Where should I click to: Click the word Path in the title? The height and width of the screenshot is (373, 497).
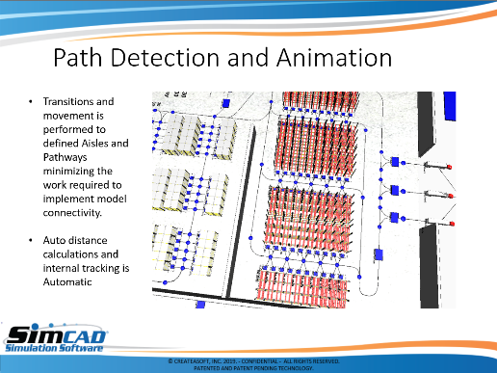pos(78,58)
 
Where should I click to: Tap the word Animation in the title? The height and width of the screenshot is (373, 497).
pos(334,58)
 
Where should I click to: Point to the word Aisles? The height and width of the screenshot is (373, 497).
pos(95,143)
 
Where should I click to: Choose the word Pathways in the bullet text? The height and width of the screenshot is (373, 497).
pos(65,157)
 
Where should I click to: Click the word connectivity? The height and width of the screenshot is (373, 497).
pos(72,213)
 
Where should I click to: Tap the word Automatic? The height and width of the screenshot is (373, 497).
pos(67,282)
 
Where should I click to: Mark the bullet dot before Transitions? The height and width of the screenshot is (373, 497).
pos(31,102)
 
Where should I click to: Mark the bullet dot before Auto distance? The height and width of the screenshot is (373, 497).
pos(31,241)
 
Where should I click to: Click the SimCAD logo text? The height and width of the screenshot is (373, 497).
pos(57,334)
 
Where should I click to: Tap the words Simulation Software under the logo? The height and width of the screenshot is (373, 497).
pos(54,348)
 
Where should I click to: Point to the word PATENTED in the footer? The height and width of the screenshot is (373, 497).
pos(206,368)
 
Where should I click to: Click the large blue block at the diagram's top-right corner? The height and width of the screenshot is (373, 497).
pos(450,106)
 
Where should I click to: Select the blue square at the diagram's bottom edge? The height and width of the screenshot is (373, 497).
pos(200,305)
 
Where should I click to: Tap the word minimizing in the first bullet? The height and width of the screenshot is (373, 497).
pos(78,172)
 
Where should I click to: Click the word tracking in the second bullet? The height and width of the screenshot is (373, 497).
pos(102,269)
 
